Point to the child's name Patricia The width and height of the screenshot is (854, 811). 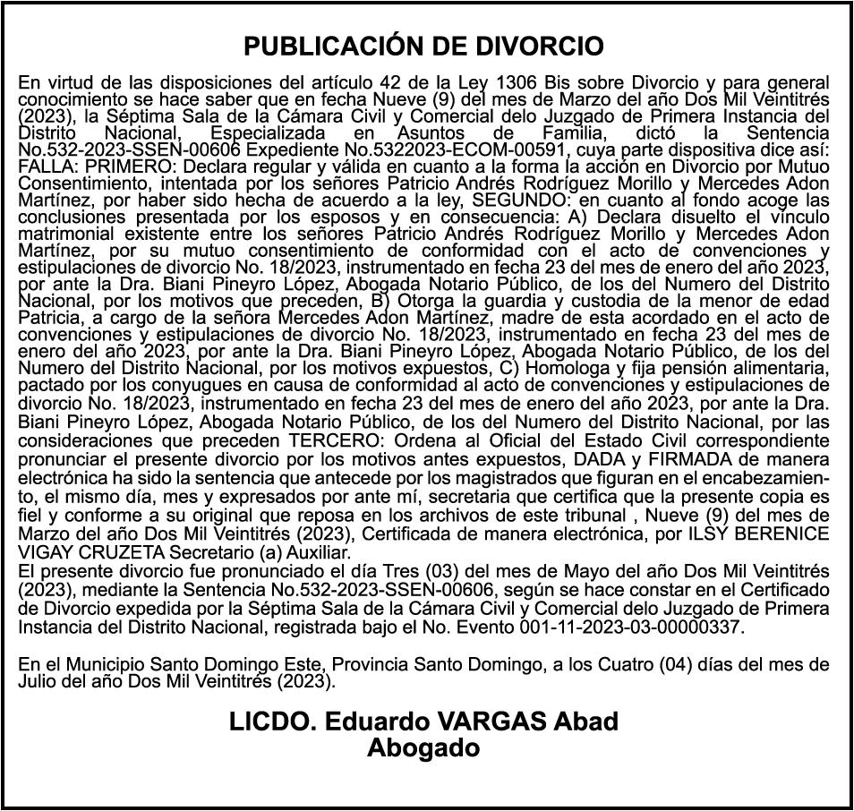pos(50,318)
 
